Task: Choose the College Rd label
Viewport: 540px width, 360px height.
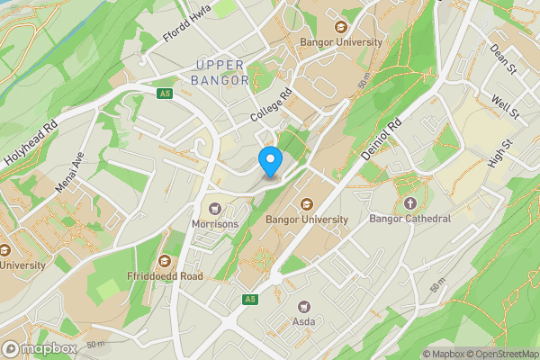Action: [x=273, y=107]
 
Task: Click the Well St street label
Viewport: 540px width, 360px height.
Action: [x=504, y=106]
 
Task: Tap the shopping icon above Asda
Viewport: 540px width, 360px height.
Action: [x=303, y=306]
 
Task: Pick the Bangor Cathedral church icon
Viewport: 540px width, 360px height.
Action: [x=411, y=202]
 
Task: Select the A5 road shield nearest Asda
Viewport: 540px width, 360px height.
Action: [x=249, y=298]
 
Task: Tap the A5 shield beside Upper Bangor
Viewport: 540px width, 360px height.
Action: [x=164, y=93]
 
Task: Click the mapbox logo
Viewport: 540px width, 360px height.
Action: [x=40, y=348]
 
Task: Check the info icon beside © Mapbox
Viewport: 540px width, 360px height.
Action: [x=416, y=354]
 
